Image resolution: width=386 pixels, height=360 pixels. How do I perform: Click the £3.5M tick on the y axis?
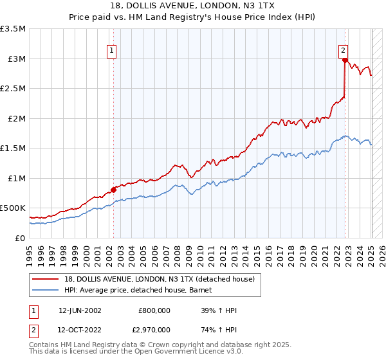13,29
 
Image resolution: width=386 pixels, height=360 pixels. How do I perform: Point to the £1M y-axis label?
15,178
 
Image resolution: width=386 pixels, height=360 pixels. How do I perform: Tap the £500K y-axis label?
13,208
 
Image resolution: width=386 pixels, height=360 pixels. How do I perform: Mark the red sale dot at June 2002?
113,190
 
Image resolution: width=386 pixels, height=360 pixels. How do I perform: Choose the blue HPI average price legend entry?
142,290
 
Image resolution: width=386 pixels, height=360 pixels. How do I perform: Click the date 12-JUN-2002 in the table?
80,310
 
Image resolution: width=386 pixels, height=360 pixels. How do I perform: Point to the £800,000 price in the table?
154,310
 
